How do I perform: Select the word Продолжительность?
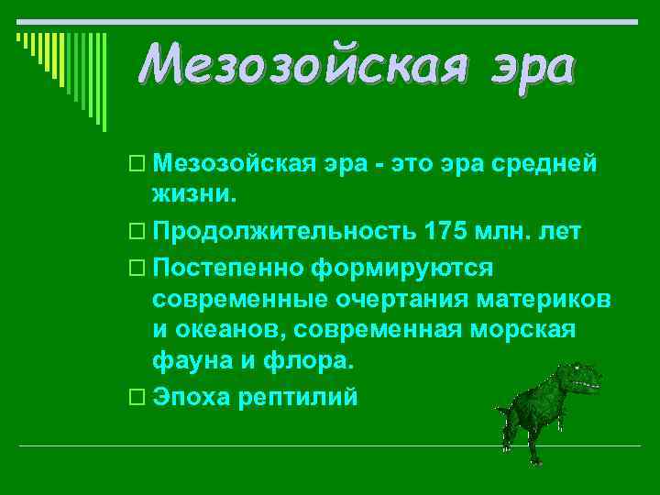(x=285, y=230)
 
